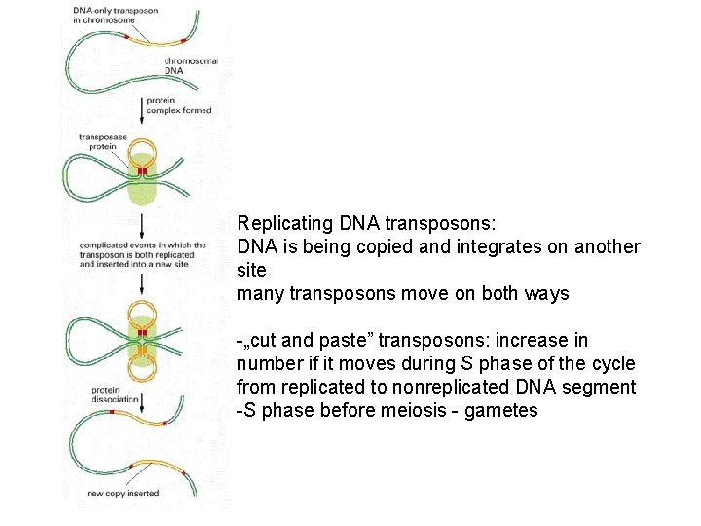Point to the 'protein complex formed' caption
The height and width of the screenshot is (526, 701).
[x=177, y=105]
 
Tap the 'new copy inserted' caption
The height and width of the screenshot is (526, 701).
[x=124, y=494]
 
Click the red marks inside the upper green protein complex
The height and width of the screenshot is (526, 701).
[x=142, y=171]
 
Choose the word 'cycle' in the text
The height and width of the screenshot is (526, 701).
[x=611, y=363]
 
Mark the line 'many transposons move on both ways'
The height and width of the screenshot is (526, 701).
[x=403, y=293]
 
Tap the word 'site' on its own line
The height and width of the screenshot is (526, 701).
[x=251, y=270]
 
